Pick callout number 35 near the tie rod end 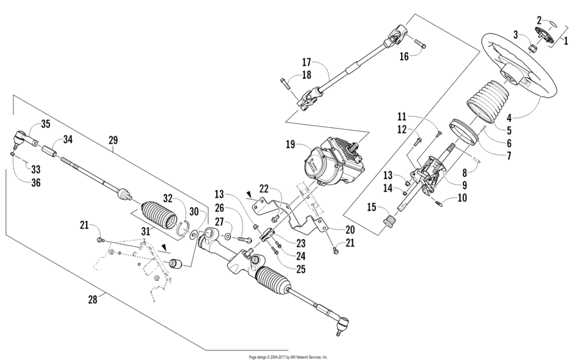(x=45, y=124)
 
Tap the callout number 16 (x=404, y=56)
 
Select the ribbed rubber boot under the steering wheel (x=487, y=100)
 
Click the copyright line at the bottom (x=288, y=356)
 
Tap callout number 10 (x=462, y=198)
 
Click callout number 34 (x=67, y=139)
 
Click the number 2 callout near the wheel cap (x=539, y=21)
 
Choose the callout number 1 (x=566, y=39)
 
